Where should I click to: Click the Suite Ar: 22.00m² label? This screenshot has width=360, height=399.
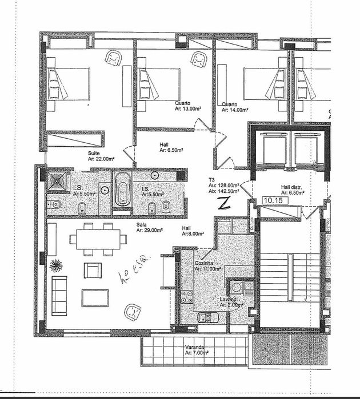pyautogui.click(x=101, y=157)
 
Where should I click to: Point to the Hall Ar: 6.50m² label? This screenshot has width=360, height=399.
pyautogui.click(x=171, y=148)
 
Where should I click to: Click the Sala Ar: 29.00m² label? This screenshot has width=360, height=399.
pyautogui.click(x=150, y=228)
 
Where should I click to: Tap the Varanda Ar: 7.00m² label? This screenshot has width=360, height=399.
pyautogui.click(x=196, y=350)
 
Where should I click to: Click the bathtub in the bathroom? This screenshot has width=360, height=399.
pyautogui.click(x=122, y=190)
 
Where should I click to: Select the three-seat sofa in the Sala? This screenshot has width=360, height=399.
pyautogui.click(x=59, y=295)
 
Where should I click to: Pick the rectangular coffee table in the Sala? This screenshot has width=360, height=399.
pyautogui.click(x=95, y=297)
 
